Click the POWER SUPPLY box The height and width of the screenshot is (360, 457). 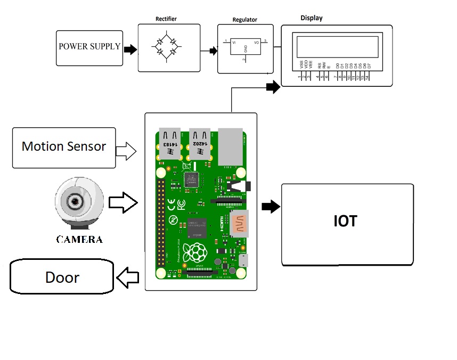[x=89, y=47]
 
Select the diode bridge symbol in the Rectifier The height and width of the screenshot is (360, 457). [x=166, y=47]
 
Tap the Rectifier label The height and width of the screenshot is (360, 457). [x=166, y=19]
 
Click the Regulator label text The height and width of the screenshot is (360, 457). [x=244, y=20]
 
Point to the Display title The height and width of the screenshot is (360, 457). [x=311, y=18]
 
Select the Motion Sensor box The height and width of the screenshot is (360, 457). [x=64, y=148]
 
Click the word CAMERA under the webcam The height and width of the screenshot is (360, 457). [x=79, y=239]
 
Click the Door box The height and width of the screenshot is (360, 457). [x=62, y=277]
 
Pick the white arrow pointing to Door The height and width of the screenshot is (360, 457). [x=127, y=277]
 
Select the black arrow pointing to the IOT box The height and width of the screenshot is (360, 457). [x=271, y=207]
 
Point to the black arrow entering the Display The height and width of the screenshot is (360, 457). [x=273, y=87]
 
